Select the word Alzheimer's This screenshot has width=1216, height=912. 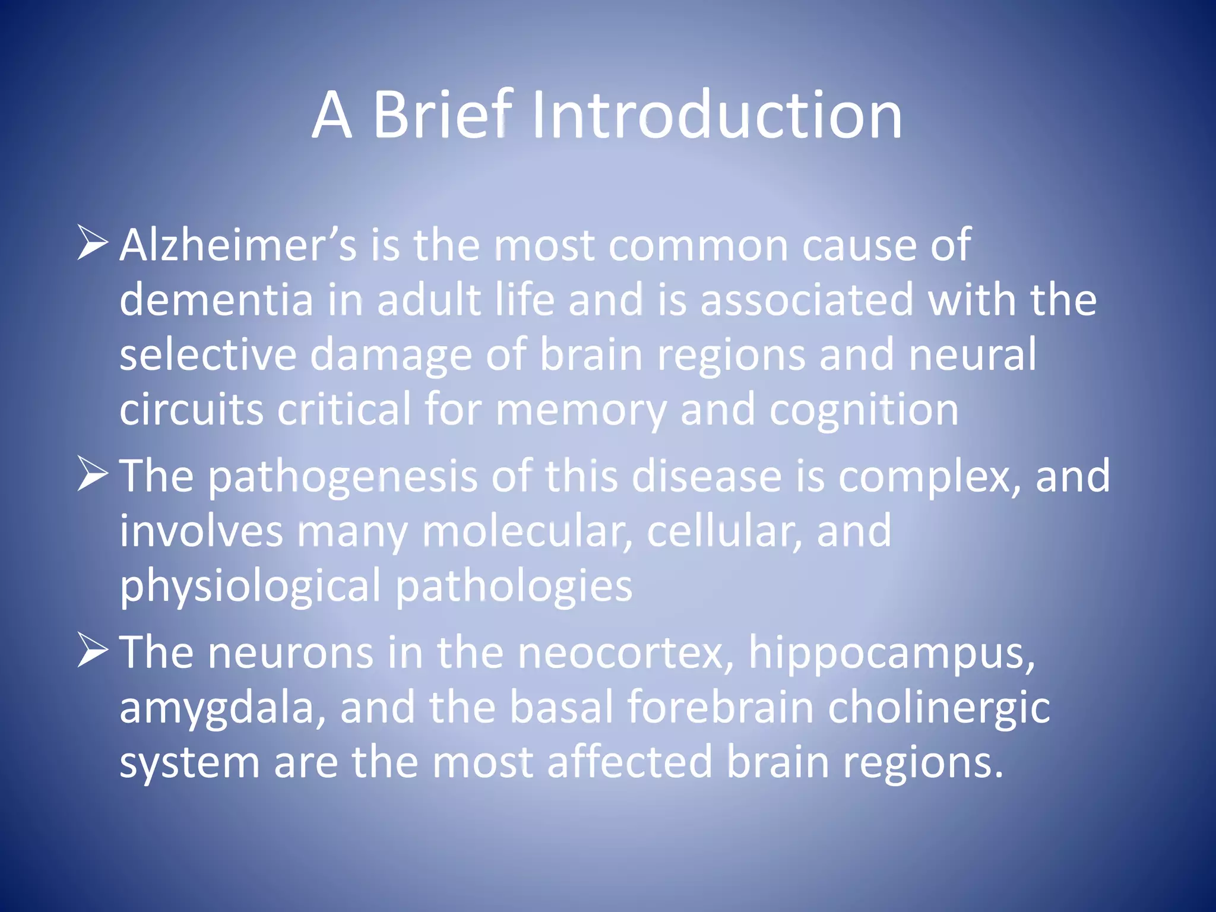238,245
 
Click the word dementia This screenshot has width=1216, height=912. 216,299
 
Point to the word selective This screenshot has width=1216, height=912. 208,354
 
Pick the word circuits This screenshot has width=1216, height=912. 191,409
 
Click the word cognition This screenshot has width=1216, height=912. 864,410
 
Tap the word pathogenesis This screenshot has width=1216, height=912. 343,477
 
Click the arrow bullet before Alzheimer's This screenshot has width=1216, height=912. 93,243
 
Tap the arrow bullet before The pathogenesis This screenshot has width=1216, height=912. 93,475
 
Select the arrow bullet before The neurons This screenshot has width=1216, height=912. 93,650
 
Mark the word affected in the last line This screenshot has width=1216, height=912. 629,762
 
